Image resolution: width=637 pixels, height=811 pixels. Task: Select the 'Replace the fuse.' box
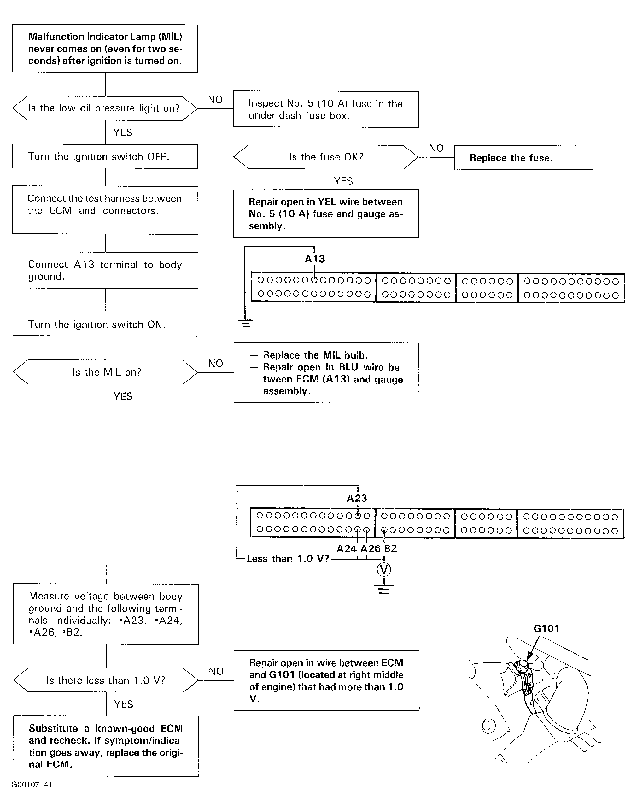[523, 158]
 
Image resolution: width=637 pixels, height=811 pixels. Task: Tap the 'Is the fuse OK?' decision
[325, 157]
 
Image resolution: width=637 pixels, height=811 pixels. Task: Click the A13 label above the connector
[315, 259]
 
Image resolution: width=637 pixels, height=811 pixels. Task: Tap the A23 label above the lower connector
[357, 498]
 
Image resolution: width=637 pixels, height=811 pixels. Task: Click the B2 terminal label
[390, 548]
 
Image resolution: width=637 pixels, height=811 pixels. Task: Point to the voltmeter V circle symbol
[384, 570]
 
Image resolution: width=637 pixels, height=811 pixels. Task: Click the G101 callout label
[547, 629]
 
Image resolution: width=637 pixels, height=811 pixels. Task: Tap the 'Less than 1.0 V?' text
[288, 558]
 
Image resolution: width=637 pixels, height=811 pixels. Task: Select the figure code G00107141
[32, 785]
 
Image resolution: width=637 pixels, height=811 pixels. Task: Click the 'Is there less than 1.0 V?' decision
[106, 680]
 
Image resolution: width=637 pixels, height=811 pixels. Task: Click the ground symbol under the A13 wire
[245, 323]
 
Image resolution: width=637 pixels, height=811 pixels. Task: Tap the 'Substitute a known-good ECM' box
[106, 746]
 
